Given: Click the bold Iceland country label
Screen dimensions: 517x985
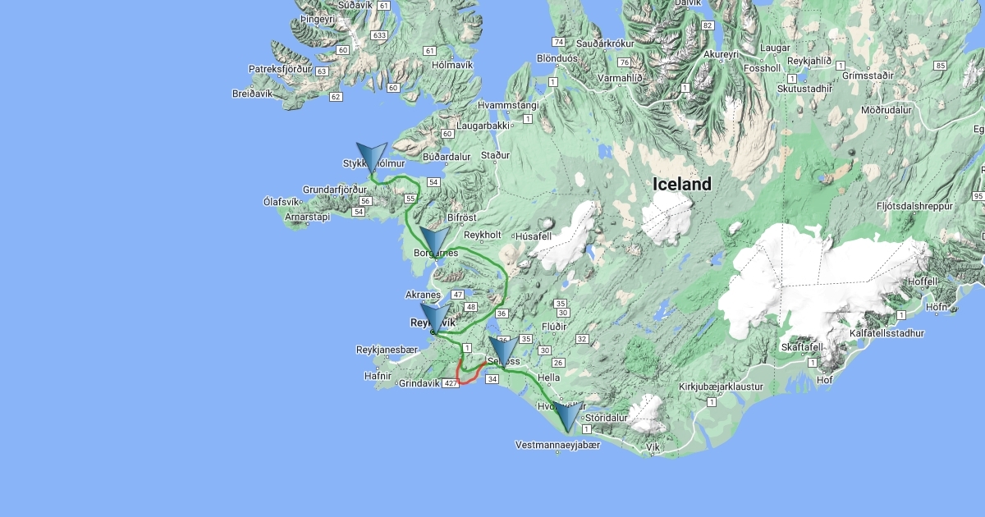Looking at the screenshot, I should tap(682, 185).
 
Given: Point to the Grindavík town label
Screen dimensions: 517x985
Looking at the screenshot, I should tap(419, 383).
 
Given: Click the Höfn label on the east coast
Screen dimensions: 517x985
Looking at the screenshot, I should tap(936, 308).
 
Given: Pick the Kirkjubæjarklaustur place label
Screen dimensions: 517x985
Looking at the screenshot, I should tap(722, 387).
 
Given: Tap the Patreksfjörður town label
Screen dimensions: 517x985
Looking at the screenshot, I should tap(281, 69).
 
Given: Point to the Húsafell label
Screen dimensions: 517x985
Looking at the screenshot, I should tap(534, 236).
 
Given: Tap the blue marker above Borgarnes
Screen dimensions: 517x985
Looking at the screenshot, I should tap(434, 243).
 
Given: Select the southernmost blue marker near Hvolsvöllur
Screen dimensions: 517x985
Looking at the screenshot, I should tap(566, 417).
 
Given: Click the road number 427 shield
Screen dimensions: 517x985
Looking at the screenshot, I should tap(450, 383).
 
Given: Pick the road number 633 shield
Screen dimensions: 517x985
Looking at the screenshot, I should tap(379, 35).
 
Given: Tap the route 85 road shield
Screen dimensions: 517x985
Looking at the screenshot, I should tap(940, 66).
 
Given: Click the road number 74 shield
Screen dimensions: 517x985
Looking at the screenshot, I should tap(559, 42).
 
